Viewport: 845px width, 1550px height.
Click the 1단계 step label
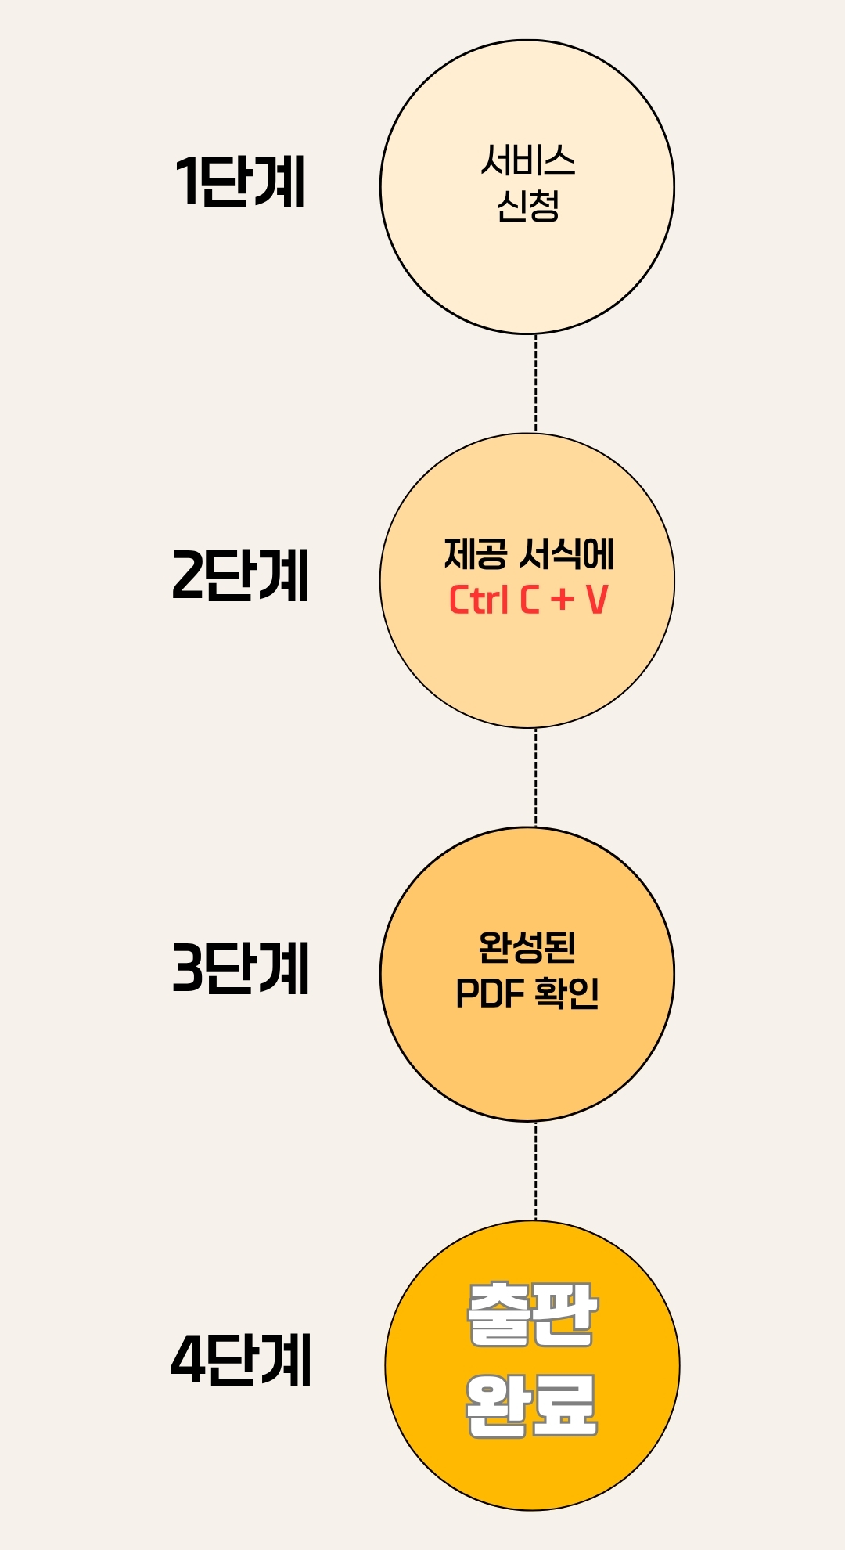[239, 182]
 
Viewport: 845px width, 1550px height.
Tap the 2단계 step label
[240, 575]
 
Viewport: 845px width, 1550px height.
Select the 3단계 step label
[240, 968]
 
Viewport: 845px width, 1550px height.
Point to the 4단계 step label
[240, 1361]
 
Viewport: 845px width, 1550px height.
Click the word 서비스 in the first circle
[528, 160]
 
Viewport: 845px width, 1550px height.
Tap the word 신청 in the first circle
[528, 207]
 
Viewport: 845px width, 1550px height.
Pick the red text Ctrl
[478, 600]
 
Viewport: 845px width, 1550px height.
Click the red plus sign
[562, 600]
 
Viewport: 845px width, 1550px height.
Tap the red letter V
[596, 600]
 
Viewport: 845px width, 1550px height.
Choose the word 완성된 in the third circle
[527, 947]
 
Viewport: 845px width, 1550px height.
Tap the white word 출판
[533, 1316]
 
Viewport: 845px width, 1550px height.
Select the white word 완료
[531, 1407]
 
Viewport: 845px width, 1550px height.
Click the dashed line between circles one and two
[535, 384]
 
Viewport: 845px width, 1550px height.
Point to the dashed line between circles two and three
[535, 777]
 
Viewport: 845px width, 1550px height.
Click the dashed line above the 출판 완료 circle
[535, 1171]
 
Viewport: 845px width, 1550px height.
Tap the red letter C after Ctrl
[530, 600]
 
